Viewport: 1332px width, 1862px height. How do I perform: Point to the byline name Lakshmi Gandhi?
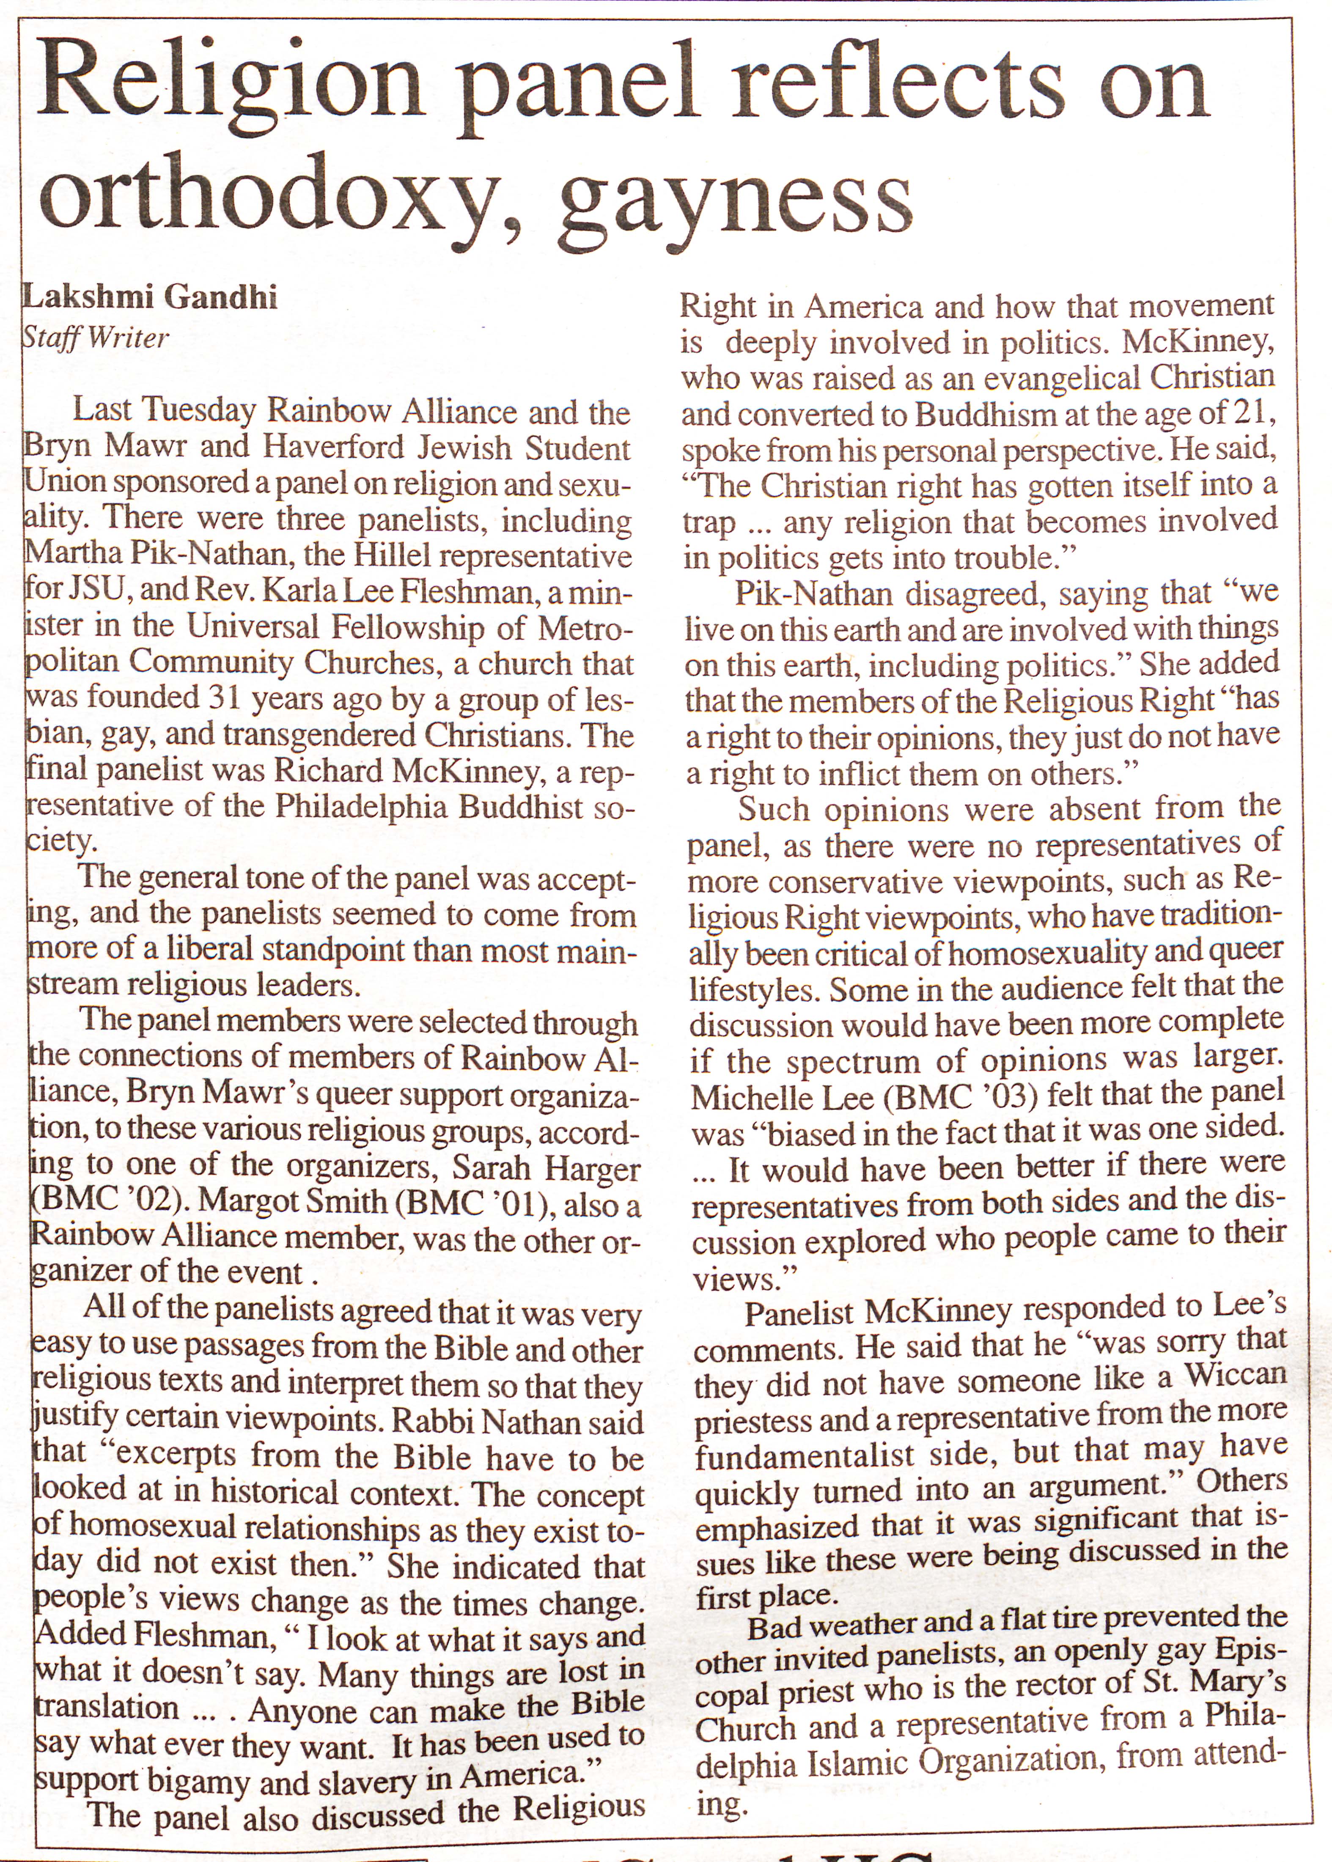[150, 297]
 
